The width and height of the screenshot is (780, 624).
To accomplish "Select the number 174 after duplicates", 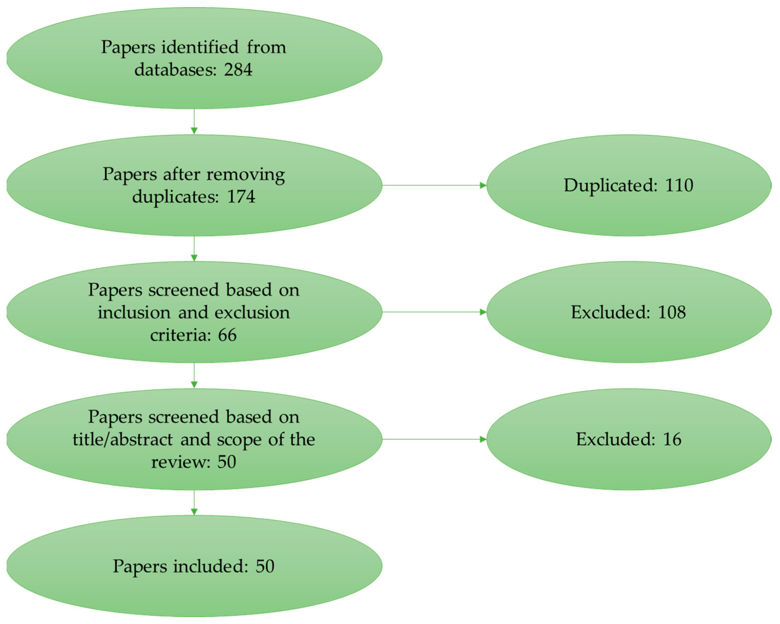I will click(x=241, y=197).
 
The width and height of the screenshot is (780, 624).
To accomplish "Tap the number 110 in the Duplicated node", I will click(x=679, y=185).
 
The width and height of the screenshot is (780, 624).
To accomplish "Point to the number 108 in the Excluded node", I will click(x=671, y=312).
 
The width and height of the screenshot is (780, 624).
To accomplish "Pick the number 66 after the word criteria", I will click(x=227, y=335).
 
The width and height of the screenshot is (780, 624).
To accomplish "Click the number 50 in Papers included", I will click(x=265, y=566).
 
